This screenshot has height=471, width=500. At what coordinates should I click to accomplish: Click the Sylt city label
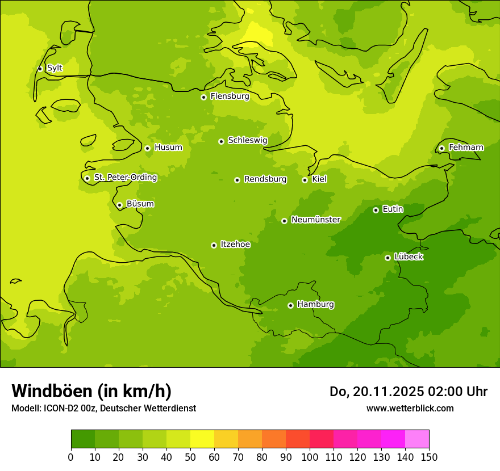55,68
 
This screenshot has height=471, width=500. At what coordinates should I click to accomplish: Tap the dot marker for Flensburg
203,97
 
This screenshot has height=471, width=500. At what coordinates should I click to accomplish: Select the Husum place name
168,148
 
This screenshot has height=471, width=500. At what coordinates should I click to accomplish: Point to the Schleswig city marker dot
221,141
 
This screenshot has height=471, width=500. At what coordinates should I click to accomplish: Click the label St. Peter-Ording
126,178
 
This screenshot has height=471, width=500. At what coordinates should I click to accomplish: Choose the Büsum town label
140,204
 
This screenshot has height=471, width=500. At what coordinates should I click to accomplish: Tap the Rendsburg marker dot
237,180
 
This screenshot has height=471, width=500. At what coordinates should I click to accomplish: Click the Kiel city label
319,179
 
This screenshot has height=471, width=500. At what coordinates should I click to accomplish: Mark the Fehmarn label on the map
466,148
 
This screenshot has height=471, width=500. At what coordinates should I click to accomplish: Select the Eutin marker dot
376,210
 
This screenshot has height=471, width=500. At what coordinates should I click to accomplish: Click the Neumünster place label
316,220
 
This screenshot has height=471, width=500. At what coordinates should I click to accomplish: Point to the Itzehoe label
235,245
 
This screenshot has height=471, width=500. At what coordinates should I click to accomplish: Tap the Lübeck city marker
388,258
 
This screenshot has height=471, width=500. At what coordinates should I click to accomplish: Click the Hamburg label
315,305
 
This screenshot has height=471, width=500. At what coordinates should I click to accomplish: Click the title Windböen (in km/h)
91,391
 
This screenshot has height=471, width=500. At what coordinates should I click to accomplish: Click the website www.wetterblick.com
410,408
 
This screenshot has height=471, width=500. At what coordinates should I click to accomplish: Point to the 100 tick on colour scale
310,457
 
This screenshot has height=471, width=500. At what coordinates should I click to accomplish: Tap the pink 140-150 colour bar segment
417,439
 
